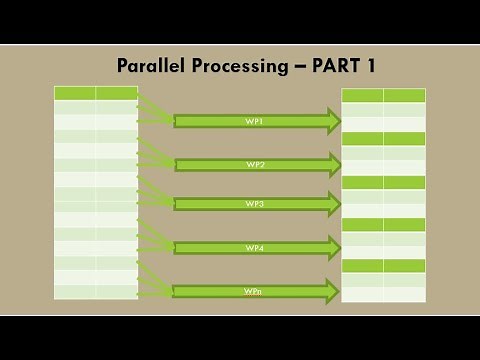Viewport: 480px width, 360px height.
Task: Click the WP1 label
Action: pos(254,121)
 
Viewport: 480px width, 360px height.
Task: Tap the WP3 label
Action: pos(254,204)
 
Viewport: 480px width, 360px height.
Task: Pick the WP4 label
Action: pos(254,247)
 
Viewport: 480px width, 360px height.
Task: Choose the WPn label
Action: pos(254,291)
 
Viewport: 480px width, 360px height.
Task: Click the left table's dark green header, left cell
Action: pos(75,93)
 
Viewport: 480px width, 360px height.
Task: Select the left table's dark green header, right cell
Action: pos(117,93)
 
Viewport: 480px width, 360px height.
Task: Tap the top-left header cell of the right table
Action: pos(362,95)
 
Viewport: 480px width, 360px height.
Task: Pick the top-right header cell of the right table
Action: pos(404,95)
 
